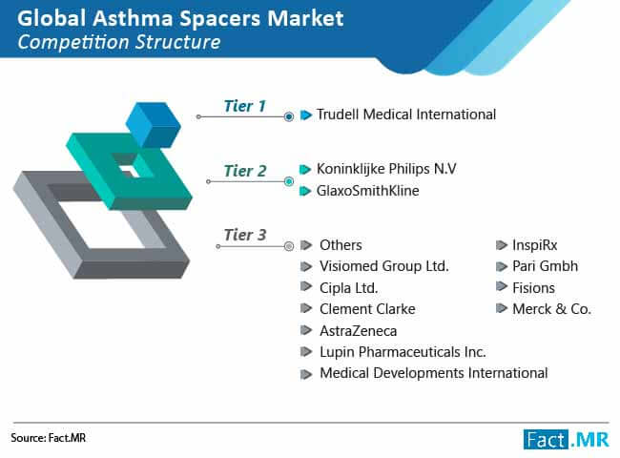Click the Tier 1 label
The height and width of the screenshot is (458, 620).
[x=245, y=106]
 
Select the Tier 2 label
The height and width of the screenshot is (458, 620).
[x=245, y=171]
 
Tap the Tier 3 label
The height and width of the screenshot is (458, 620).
[x=245, y=235]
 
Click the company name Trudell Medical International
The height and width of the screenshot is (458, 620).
[x=406, y=114]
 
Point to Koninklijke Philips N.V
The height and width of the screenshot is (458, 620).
[x=386, y=169]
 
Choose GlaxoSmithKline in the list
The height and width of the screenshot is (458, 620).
[x=368, y=191]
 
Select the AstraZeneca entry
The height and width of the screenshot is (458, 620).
[x=359, y=331]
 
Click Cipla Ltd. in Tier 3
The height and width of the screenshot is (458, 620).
[x=349, y=288]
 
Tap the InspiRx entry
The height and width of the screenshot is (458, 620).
[x=534, y=245]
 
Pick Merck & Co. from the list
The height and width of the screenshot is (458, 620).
[x=551, y=309]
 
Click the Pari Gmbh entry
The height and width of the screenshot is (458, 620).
[x=545, y=266]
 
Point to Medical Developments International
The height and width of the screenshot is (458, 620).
[x=434, y=373]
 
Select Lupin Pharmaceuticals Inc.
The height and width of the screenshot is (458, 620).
[x=403, y=352]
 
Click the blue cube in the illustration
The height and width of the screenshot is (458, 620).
[x=154, y=125]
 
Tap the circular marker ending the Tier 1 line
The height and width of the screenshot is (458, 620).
[x=289, y=116]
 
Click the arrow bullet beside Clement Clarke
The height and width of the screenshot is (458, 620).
[x=306, y=308]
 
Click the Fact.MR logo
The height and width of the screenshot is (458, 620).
[x=567, y=439]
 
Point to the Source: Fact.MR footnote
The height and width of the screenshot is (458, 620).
[x=49, y=438]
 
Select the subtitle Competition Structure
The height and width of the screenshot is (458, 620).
[x=119, y=42]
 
